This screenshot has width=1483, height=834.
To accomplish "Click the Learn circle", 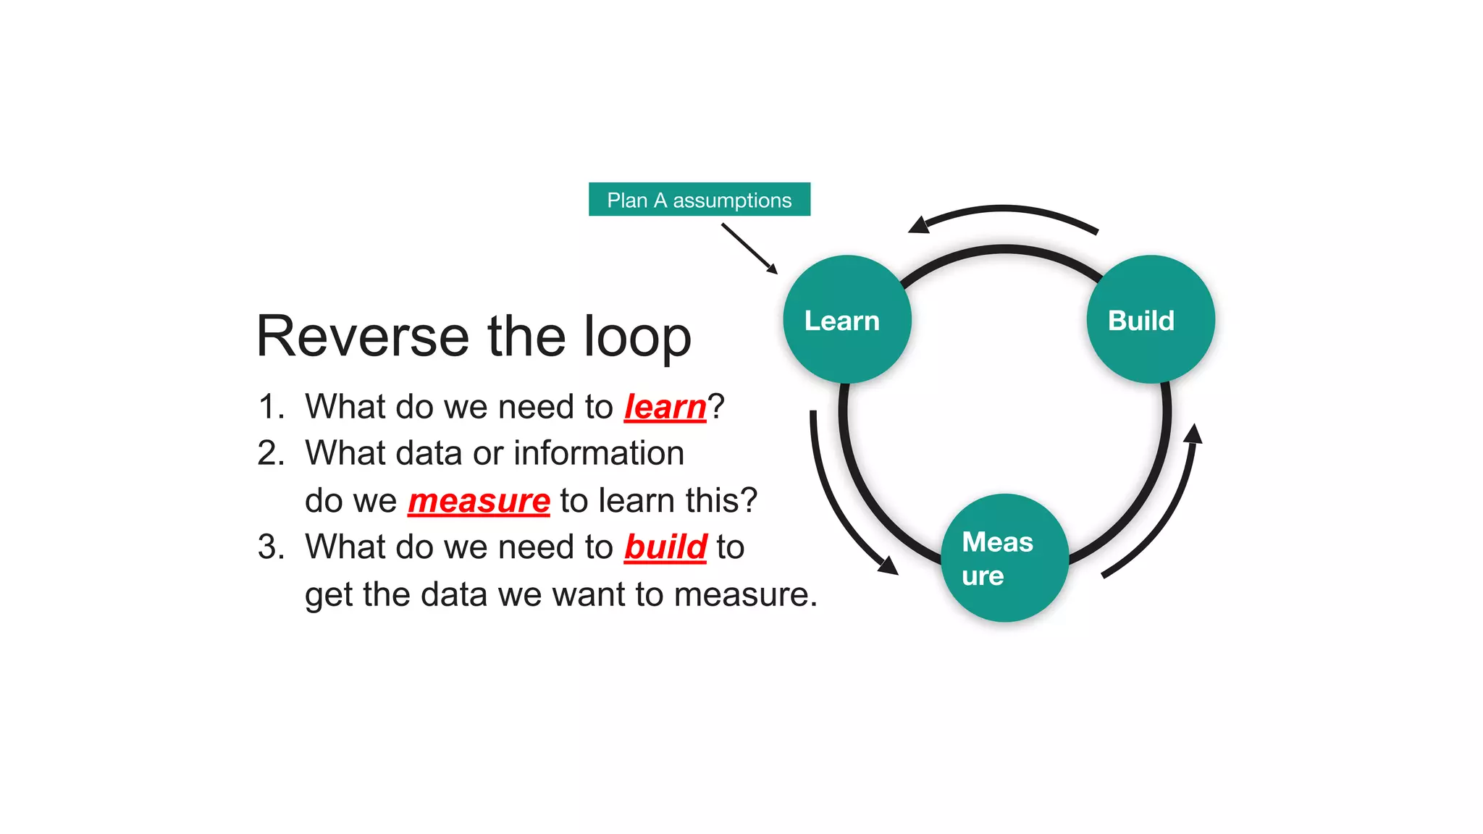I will pos(846,319).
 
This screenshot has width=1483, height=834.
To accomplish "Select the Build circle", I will pos(1150,319).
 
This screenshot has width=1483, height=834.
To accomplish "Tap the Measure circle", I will pos(1004,557).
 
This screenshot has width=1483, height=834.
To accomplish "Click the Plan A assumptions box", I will pos(699,199).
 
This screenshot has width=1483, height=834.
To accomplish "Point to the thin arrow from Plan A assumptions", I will pos(749,248).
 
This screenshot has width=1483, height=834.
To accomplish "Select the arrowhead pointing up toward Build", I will pos(1193,434).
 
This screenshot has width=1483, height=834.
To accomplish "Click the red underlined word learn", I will pos(665,407).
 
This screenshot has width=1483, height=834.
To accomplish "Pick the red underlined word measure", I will pos(479,501).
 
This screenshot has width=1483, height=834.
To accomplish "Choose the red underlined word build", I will pos(665,547).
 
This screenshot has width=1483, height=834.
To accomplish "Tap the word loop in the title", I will pos(637,337).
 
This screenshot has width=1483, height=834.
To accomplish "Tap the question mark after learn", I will pos(716,407).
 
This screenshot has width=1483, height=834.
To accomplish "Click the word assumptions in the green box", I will pos(731,201).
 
